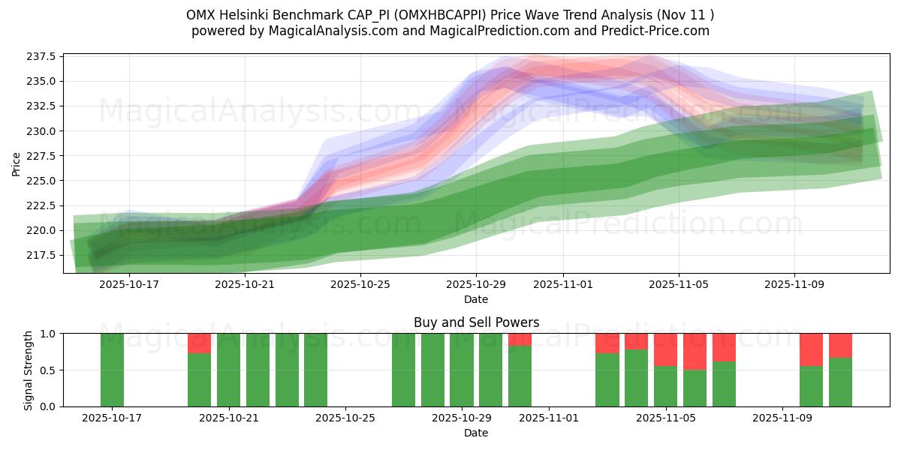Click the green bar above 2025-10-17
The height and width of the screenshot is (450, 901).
(112, 370)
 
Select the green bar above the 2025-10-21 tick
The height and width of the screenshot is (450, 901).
(228, 370)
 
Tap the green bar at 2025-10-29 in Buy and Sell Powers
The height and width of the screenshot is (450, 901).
(461, 370)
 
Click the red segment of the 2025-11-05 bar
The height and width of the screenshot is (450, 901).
(665, 349)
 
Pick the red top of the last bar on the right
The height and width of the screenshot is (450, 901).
(840, 345)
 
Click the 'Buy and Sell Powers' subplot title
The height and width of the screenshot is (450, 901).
(476, 322)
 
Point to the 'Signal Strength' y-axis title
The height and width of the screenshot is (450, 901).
(29, 370)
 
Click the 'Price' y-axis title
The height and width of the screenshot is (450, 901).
(17, 163)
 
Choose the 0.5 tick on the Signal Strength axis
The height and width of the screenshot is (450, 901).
(47, 370)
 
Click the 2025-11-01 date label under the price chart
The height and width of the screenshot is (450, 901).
(563, 285)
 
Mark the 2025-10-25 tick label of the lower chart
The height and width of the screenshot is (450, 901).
(345, 418)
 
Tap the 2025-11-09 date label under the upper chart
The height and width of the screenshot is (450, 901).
(794, 285)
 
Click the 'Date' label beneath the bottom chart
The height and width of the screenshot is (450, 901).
(476, 433)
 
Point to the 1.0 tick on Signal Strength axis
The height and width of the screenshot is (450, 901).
(47, 333)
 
